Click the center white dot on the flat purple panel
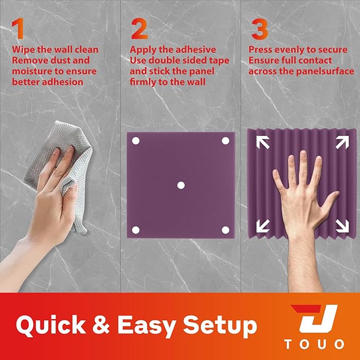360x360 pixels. [x=180, y=185]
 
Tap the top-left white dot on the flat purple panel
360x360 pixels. [x=135, y=141]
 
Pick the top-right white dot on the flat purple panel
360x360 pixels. [x=225, y=141]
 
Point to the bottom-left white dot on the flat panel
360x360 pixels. [x=135, y=230]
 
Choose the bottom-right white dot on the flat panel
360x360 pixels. [x=225, y=230]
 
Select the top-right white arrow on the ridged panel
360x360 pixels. [x=341, y=142]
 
